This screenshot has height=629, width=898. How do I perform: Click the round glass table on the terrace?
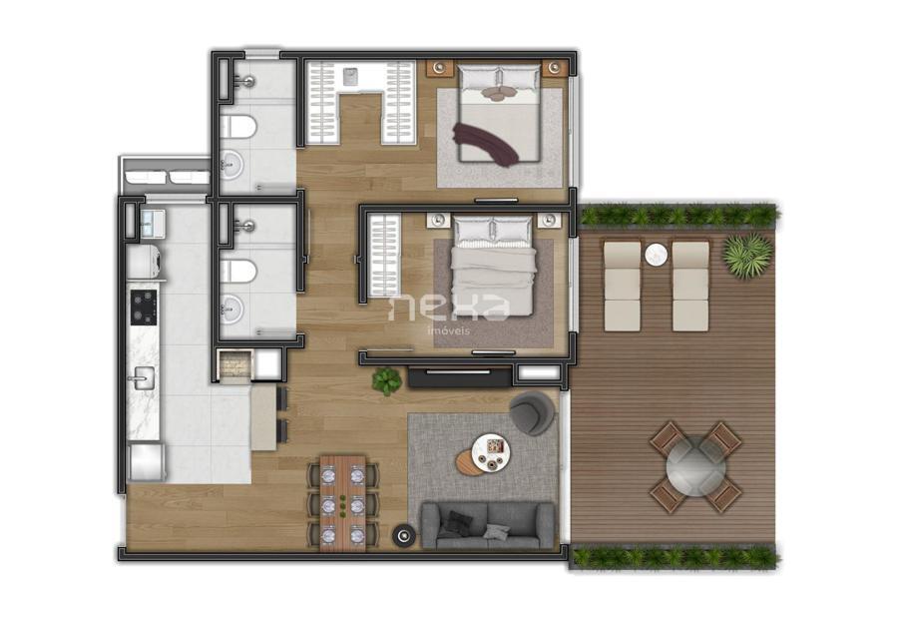point(695,464)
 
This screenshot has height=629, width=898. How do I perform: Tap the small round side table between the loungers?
point(656,256)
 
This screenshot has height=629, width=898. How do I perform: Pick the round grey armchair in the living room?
point(530,412)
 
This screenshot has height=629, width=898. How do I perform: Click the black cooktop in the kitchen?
point(145,308)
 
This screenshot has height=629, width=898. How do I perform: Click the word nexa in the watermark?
point(448,307)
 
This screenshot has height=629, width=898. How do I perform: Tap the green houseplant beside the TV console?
point(386,379)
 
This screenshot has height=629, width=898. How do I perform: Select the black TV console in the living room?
point(460,377)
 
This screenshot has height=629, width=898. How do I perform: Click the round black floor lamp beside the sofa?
point(404,535)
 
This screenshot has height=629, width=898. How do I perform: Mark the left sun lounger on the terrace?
point(623,285)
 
